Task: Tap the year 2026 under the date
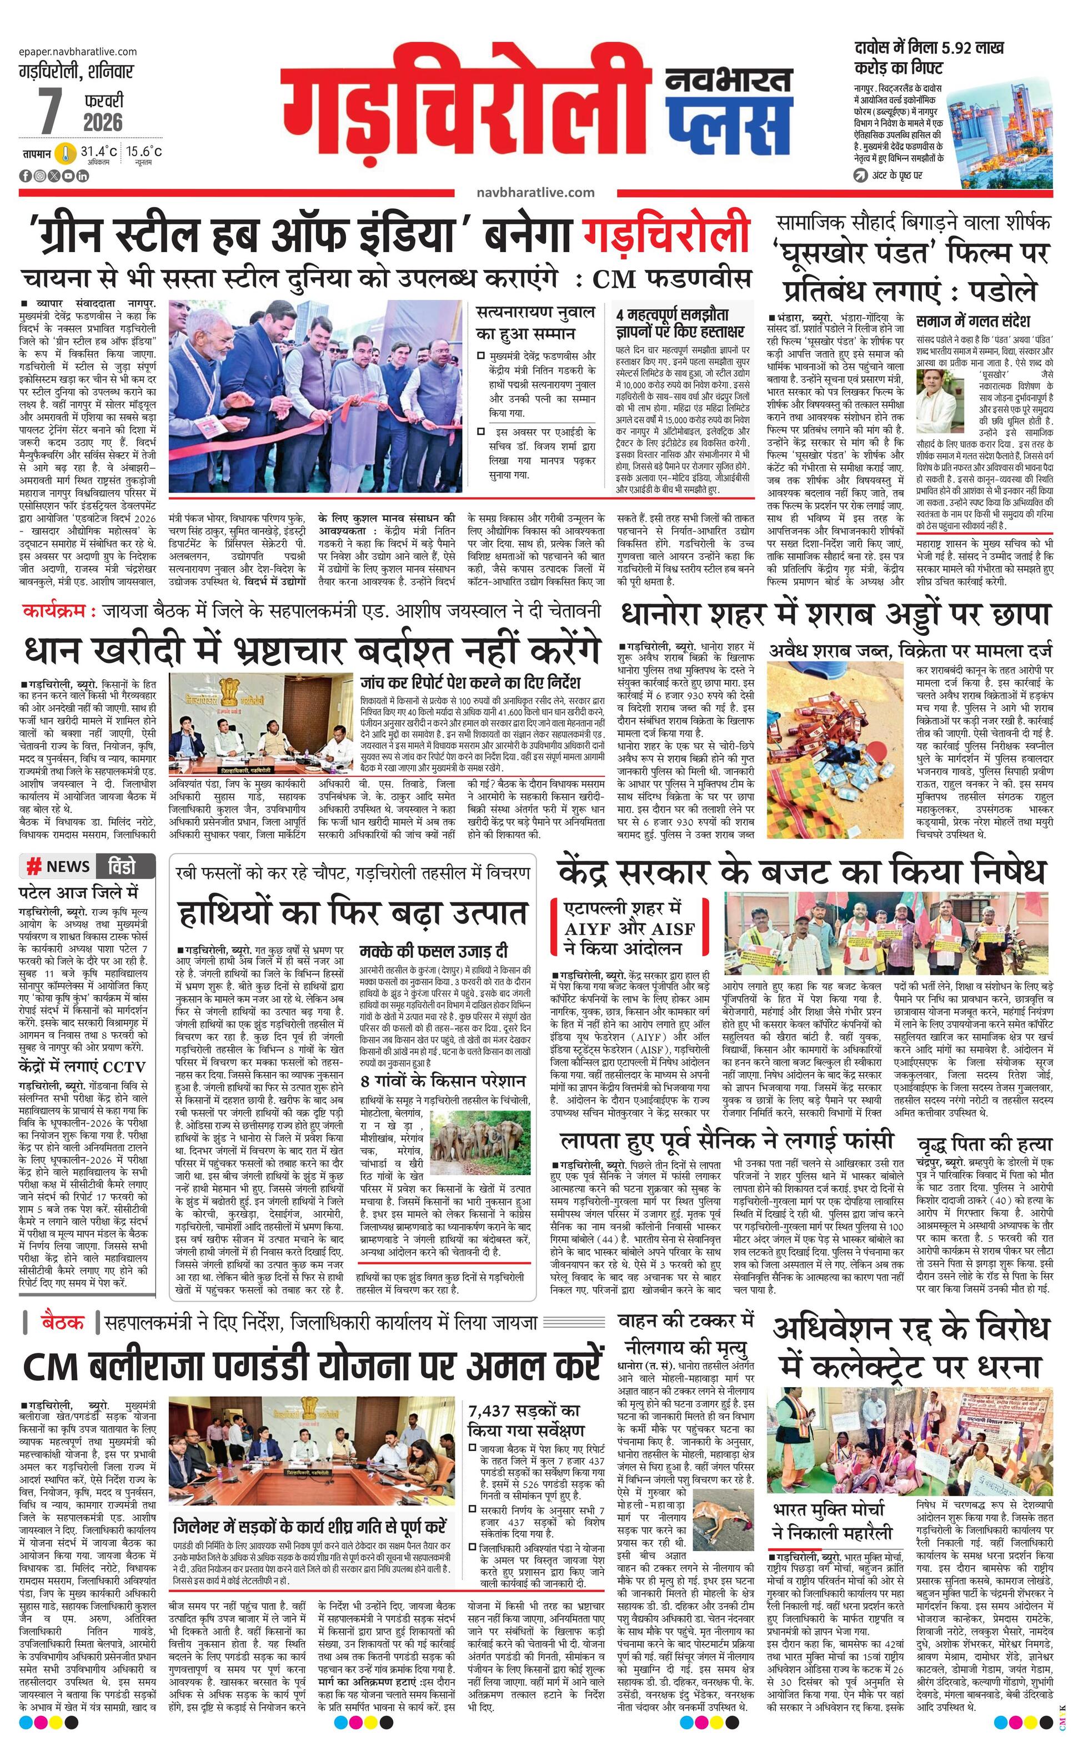point(103,122)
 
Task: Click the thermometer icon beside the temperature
point(65,154)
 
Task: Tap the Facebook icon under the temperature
point(26,176)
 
